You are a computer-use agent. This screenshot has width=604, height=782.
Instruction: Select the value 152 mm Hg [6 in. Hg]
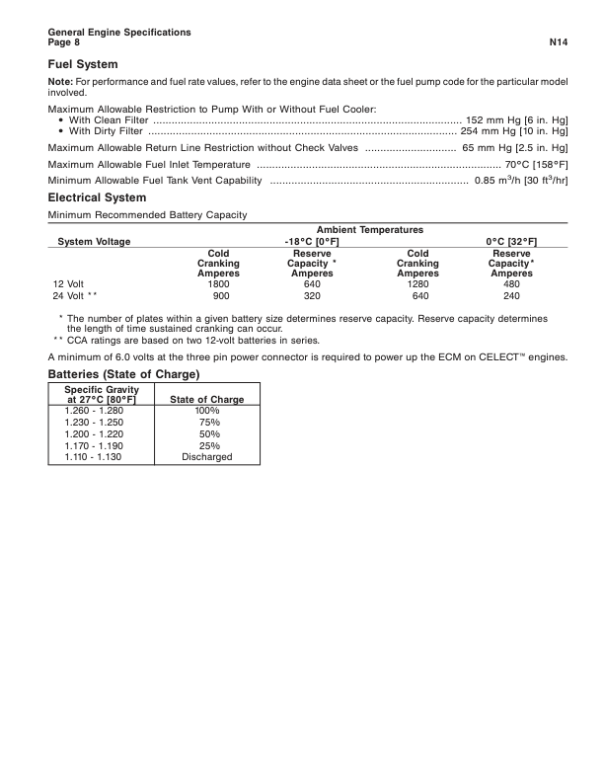pyautogui.click(x=516, y=118)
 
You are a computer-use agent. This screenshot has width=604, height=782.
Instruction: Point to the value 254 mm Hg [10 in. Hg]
pyautogui.click(x=514, y=130)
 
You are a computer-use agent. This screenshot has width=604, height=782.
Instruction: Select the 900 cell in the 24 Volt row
pyautogui.click(x=221, y=295)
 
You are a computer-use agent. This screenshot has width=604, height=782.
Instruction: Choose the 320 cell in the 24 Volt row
pyautogui.click(x=313, y=295)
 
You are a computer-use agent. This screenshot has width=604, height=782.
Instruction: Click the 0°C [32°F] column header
pyautogui.click(x=511, y=241)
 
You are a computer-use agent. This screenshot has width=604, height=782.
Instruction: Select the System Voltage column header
pyautogui.click(x=94, y=241)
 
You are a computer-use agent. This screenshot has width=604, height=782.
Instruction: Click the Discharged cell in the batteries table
pyautogui.click(x=207, y=457)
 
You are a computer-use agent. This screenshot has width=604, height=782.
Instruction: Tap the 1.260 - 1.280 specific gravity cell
pyautogui.click(x=94, y=410)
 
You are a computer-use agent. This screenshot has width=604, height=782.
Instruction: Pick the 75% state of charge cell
pyautogui.click(x=207, y=422)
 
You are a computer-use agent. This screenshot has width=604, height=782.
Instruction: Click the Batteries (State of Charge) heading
pyautogui.click(x=124, y=375)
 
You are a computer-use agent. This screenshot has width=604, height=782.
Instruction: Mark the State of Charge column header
pyautogui.click(x=207, y=399)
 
